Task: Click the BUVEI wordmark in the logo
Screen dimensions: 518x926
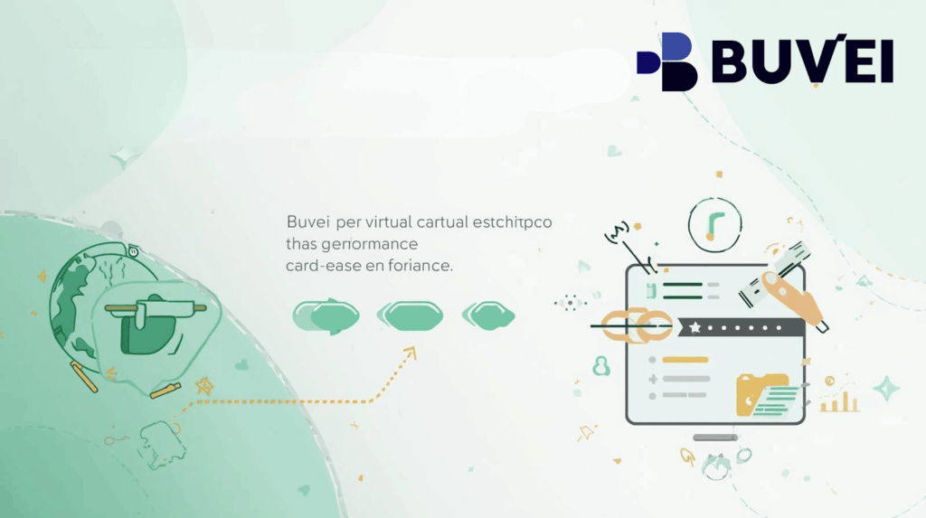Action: click(802, 62)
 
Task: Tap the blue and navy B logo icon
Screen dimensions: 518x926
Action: click(668, 61)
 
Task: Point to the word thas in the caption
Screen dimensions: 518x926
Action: click(303, 245)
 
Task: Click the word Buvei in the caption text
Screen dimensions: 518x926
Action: click(307, 222)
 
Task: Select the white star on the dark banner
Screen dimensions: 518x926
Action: click(695, 327)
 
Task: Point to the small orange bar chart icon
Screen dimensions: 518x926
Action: click(839, 400)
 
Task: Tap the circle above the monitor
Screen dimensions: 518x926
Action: click(714, 224)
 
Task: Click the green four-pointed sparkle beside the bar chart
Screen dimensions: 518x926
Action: click(886, 389)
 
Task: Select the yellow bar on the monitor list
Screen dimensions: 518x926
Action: click(685, 360)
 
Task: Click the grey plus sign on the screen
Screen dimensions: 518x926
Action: click(652, 378)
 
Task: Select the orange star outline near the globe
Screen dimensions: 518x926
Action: click(204, 386)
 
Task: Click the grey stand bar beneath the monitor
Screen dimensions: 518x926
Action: click(714, 438)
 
